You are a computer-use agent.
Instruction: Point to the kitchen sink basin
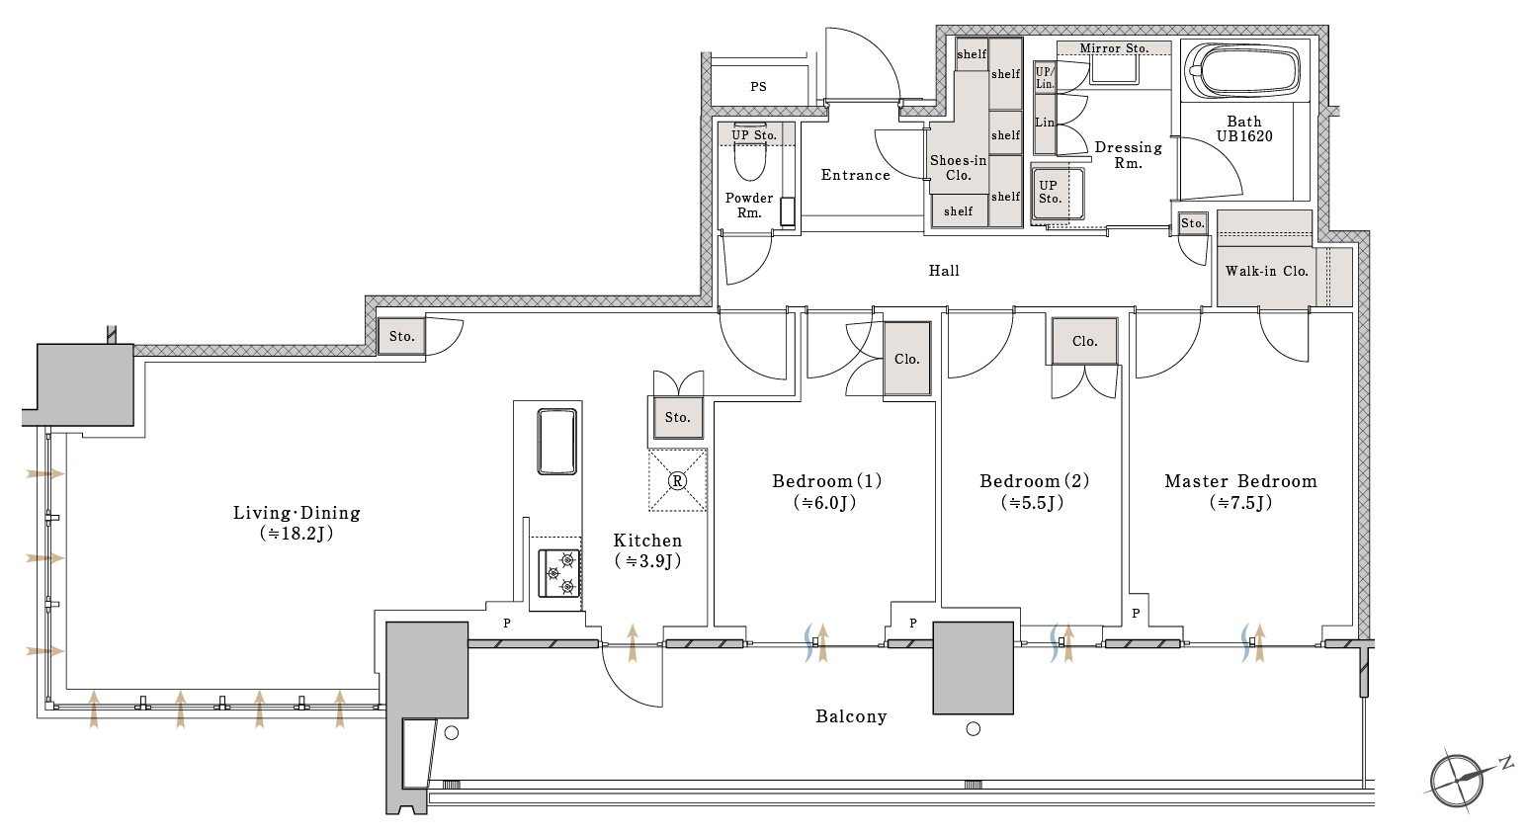tap(556, 441)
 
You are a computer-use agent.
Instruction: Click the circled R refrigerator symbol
tap(677, 480)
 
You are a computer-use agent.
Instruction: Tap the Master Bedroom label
tap(1240, 481)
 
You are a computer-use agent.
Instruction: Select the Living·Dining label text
tap(297, 513)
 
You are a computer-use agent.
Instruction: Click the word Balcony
tap(851, 716)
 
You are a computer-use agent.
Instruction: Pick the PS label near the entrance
tap(758, 87)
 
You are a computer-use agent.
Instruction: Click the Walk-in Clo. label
tap(1266, 271)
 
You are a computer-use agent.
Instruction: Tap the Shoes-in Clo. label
tap(958, 167)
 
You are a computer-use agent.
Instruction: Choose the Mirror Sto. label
tap(1114, 48)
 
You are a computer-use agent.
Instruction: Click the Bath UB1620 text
tap(1244, 129)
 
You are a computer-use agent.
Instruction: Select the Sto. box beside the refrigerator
tap(677, 417)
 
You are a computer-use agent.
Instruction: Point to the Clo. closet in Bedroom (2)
tap(1084, 341)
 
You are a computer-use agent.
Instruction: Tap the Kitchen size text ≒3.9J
tap(647, 561)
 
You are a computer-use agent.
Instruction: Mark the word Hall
tap(944, 270)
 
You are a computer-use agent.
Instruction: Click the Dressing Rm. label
tap(1128, 155)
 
